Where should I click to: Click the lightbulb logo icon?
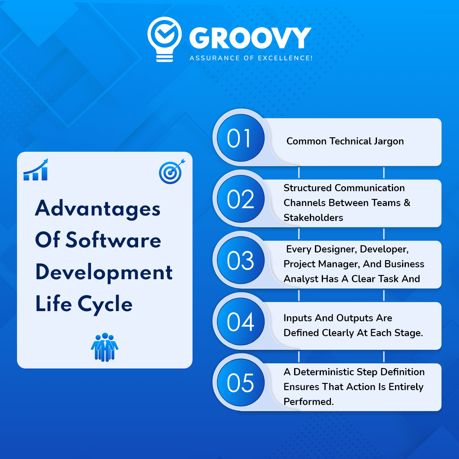pos(164,39)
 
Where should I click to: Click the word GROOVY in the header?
pos(250,38)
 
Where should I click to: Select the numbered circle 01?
pos(241,138)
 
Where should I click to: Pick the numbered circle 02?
pos(241,199)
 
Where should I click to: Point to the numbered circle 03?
pos(241,260)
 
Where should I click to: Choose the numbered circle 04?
pos(241,321)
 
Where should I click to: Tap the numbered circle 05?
pos(241,382)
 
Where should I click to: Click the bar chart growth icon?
pos(36,170)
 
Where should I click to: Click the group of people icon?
pos(105,347)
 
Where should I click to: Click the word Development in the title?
pos(104,272)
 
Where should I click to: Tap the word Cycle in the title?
pos(105,304)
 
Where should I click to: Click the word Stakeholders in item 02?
pos(313,218)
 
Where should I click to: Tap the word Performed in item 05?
pos(309,402)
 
